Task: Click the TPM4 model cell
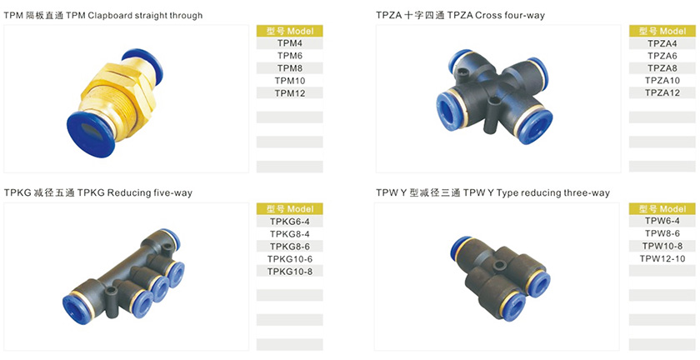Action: pyautogui.click(x=290, y=43)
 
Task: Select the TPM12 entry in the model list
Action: pyautogui.click(x=290, y=93)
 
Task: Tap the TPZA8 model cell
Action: pyautogui.click(x=662, y=68)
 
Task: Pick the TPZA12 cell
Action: pyautogui.click(x=662, y=92)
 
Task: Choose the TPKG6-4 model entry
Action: pyautogui.click(x=290, y=222)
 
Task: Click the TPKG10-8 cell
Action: pyautogui.click(x=290, y=271)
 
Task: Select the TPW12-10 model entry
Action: pyautogui.click(x=662, y=258)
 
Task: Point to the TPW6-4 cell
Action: pyautogui.click(x=662, y=221)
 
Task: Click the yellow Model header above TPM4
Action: pyautogui.click(x=290, y=31)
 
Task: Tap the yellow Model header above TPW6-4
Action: pyautogui.click(x=662, y=208)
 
